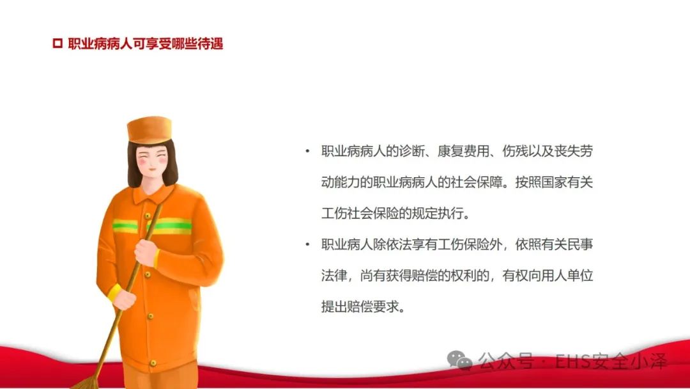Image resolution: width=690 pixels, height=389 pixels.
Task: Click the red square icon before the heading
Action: click(57, 43)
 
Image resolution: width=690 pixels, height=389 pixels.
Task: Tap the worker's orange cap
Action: click(149, 129)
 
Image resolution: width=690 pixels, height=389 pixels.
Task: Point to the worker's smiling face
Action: click(152, 161)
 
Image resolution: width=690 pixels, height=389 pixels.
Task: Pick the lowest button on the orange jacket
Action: click(153, 363)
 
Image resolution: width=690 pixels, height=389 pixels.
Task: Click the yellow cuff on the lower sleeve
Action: click(114, 292)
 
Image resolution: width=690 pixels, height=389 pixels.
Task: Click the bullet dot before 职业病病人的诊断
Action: click(307, 152)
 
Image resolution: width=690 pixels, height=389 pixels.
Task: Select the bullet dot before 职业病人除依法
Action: click(307, 244)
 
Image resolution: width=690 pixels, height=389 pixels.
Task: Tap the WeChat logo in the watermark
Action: click(459, 360)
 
